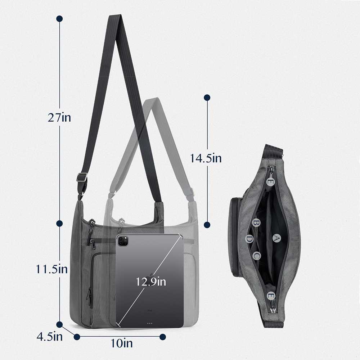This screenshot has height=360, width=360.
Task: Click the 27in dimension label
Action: [59, 118]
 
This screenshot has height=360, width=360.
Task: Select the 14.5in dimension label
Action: [206, 158]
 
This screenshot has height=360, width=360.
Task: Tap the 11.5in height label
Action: [51, 269]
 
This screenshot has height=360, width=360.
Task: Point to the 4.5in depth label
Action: [50, 337]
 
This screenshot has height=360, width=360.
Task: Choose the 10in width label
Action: [122, 343]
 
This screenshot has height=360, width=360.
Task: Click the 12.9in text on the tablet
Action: [151, 282]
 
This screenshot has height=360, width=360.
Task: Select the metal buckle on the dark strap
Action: [82, 177]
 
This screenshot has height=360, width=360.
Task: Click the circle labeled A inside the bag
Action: [276, 238]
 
